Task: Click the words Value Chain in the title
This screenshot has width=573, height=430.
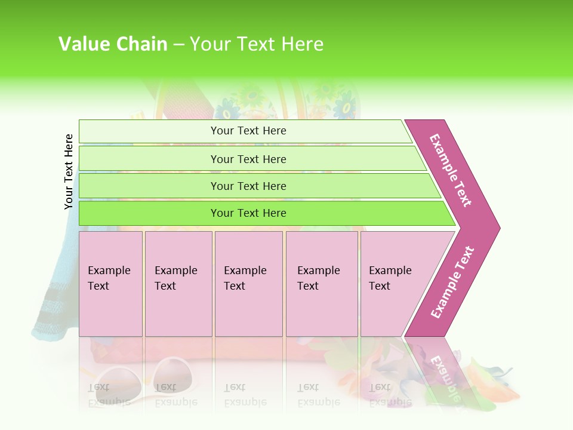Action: coord(113,44)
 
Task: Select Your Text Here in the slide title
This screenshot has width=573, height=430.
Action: coord(257,44)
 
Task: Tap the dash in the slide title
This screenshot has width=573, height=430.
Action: coord(178,45)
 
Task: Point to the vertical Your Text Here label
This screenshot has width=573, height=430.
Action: coord(69,171)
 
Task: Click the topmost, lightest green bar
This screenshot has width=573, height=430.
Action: coord(248,131)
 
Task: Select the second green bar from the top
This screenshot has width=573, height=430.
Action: coord(248,159)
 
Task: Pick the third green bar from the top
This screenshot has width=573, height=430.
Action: coord(248,186)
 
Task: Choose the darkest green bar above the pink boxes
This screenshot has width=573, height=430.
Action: coord(248,213)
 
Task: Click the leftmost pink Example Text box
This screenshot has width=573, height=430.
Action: coord(110,283)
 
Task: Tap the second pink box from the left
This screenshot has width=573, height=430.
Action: coord(178,283)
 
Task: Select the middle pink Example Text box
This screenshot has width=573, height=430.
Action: coord(248,283)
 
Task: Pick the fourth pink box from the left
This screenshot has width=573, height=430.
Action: coord(321,283)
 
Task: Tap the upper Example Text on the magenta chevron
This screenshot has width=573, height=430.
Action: coord(451,170)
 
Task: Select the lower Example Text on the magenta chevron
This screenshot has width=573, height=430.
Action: coord(452,282)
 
